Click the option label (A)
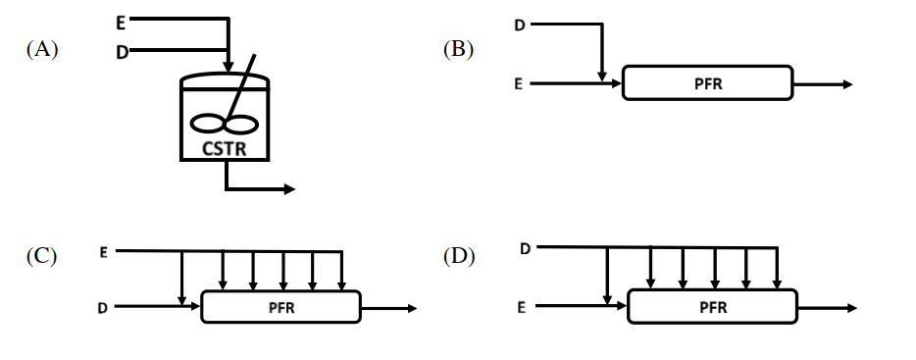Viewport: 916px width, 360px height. point(42,50)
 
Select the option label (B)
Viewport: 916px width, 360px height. point(458,50)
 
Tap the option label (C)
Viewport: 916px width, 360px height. point(41,257)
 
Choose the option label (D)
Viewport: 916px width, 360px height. point(459,257)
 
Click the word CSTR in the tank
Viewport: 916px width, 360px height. point(225,149)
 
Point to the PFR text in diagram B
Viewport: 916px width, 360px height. point(708,84)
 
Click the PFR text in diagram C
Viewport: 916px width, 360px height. point(281,308)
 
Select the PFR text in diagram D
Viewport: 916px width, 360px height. point(713,307)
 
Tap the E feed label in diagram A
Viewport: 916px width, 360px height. point(121,23)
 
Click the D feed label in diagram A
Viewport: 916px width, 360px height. point(122,53)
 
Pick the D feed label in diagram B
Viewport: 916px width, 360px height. point(520,26)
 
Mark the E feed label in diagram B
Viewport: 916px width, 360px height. point(518,84)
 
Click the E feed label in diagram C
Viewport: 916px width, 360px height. point(103,252)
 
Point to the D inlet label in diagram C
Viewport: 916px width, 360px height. point(102,308)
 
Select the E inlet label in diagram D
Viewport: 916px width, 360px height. point(521,307)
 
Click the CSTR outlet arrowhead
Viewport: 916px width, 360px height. point(289,188)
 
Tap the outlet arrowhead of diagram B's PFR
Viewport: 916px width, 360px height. point(847,84)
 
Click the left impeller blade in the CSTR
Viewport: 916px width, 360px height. point(207,124)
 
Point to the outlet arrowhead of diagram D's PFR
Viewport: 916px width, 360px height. point(851,308)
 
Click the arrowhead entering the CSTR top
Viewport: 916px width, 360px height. point(229,68)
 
